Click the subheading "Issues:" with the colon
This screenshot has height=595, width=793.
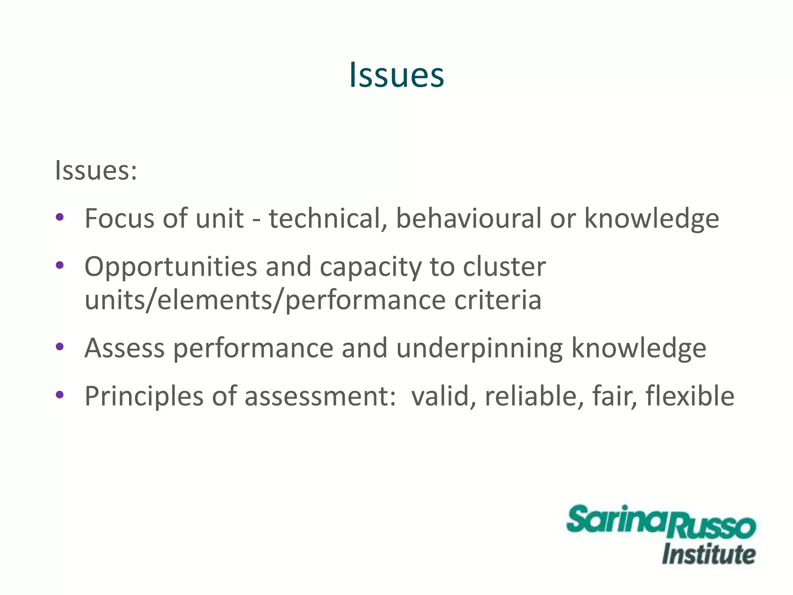pyautogui.click(x=96, y=170)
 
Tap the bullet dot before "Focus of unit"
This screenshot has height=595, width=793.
pyautogui.click(x=60, y=217)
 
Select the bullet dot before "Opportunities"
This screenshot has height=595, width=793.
pyautogui.click(x=60, y=265)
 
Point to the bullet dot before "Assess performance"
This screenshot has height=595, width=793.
pyautogui.click(x=60, y=346)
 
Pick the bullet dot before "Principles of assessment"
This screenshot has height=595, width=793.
pyautogui.click(x=60, y=395)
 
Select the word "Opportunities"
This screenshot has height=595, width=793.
pyautogui.click(x=171, y=267)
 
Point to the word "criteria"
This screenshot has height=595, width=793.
pyautogui.click(x=498, y=300)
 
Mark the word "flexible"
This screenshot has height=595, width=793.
pyautogui.click(x=690, y=396)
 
